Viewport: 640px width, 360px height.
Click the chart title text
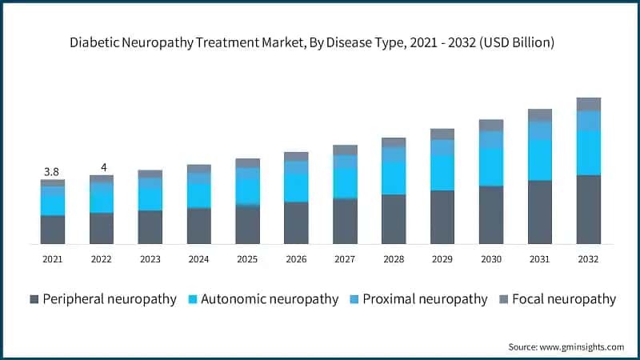tap(320, 42)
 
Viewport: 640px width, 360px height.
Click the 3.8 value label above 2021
tap(51, 171)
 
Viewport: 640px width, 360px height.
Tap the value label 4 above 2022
tap(102, 166)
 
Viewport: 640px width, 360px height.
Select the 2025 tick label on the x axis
tap(247, 259)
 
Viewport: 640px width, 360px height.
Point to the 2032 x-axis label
tap(588, 259)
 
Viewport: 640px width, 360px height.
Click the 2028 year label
tap(393, 259)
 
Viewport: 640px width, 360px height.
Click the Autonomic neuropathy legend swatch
tap(193, 299)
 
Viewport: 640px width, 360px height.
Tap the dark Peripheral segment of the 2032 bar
tap(588, 210)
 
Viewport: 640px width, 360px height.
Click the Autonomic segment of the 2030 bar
tap(490, 167)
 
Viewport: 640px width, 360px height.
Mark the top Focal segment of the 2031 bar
tap(539, 115)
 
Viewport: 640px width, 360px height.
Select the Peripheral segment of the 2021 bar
tap(53, 230)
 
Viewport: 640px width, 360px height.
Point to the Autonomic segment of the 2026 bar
tap(296, 188)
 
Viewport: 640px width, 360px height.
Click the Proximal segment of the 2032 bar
tap(588, 121)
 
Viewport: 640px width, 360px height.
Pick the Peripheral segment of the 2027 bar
tap(345, 222)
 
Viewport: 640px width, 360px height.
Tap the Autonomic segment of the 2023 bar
tap(150, 199)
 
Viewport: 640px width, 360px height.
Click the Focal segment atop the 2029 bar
tap(442, 134)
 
